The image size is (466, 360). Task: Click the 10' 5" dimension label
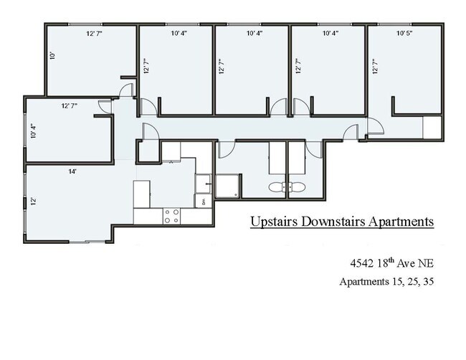pos(404,33)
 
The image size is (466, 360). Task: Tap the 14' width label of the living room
pos(72,172)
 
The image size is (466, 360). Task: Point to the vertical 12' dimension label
pos(32,202)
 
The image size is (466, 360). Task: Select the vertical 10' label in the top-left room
pos(52,55)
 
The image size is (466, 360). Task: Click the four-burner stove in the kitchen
pos(171,216)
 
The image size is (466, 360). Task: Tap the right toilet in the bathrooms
pos(297,188)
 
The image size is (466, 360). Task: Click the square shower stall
pos(228,186)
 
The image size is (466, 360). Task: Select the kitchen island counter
pos(142,193)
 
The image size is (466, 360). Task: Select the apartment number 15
pos(391,282)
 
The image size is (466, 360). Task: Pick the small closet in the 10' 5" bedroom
pos(432,128)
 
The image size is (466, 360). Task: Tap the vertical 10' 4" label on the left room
pos(32,133)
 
